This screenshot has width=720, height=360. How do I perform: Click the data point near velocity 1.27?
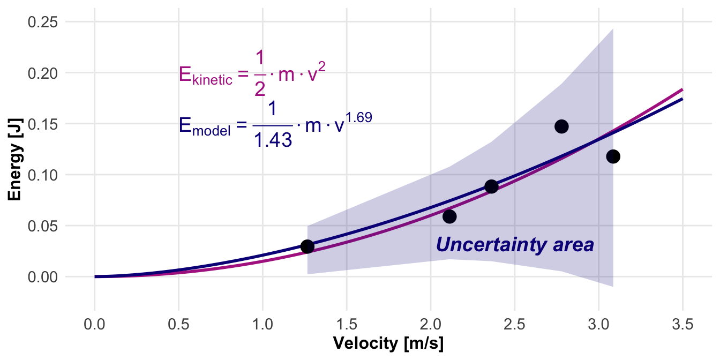tap(307, 246)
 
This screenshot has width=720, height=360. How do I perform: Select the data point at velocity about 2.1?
tap(449, 216)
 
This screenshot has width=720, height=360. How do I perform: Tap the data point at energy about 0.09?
tap(491, 186)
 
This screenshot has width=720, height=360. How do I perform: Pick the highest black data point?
tap(561, 126)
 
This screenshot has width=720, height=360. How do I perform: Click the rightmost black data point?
tap(613, 156)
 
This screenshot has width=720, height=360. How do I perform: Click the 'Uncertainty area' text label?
tap(515, 245)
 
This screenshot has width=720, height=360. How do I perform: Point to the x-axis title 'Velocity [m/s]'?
tap(388, 343)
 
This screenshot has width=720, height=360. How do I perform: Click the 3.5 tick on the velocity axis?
tap(682, 325)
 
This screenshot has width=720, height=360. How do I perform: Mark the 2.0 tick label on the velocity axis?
tap(431, 325)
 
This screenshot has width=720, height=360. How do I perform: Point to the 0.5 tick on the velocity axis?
tap(178, 325)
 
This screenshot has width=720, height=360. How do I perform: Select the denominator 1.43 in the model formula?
tap(272, 139)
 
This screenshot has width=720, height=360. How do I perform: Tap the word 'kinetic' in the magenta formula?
tap(212, 80)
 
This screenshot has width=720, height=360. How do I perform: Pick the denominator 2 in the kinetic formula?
tap(260, 89)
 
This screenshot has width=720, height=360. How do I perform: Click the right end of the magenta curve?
tap(682, 89)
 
